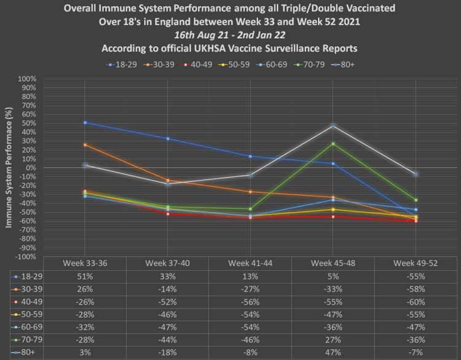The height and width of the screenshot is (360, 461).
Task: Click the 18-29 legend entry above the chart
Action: (120, 63)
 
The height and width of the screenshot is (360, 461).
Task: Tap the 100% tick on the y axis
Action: (28, 79)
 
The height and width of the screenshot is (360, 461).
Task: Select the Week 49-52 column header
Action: (416, 263)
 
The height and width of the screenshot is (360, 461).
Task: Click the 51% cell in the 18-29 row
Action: (85, 276)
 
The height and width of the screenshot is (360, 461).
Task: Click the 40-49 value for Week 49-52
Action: (416, 302)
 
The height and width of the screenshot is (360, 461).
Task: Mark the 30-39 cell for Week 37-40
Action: (167, 289)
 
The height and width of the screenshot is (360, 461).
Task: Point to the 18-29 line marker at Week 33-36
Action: (85, 123)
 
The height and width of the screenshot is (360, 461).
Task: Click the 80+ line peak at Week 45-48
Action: (333, 126)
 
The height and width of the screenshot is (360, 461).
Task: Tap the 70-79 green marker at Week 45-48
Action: (333, 144)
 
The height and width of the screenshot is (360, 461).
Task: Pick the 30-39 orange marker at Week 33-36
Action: (85, 145)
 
